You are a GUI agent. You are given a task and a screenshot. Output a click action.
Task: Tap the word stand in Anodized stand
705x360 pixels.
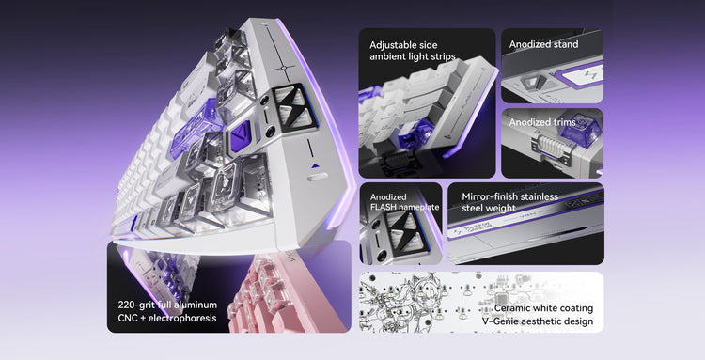tap(566, 44)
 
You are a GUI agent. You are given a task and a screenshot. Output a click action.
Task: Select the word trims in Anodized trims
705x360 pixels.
tap(564, 122)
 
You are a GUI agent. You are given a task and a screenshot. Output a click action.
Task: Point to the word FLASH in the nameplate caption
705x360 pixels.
tap(384, 207)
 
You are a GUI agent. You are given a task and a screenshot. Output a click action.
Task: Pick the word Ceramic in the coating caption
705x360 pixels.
tap(513, 308)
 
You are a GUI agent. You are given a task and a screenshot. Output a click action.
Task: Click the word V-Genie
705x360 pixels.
tap(499, 321)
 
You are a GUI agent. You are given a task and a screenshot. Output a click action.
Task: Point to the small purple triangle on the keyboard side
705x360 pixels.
tap(315, 165)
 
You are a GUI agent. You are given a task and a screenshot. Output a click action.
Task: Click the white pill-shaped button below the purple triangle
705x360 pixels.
tap(318, 178)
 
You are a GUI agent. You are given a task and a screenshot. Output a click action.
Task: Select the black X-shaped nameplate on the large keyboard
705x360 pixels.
tap(293, 107)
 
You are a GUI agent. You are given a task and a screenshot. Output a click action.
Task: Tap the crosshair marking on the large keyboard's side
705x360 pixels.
tap(284, 68)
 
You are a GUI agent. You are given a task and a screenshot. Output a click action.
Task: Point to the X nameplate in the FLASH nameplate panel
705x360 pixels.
tap(401, 230)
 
